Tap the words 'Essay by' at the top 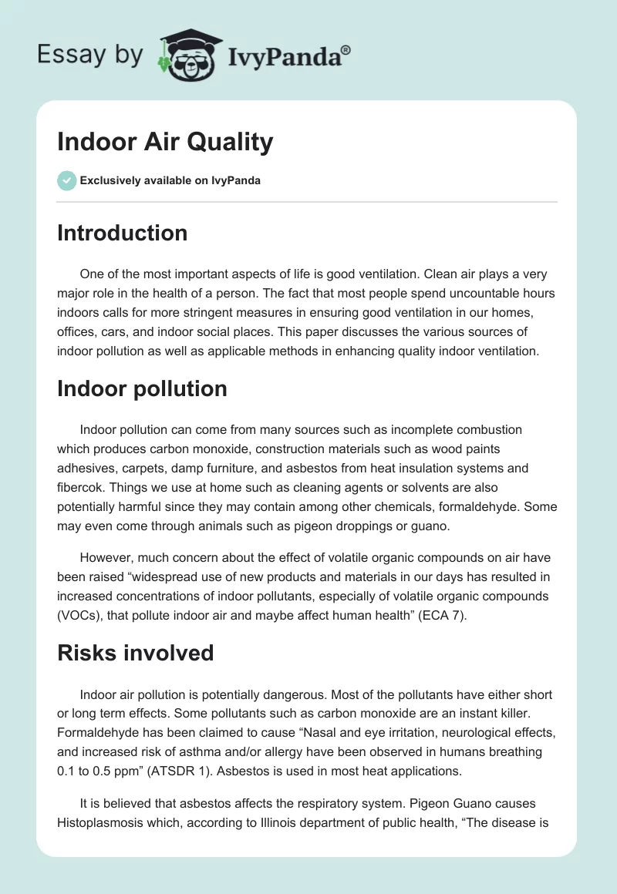coord(89,55)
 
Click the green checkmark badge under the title coord(66,180)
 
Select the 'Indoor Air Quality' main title coord(165,142)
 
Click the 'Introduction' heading coord(122,233)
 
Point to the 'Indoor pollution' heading coord(142,388)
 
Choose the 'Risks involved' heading coord(135,653)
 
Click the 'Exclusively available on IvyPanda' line coord(170,180)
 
